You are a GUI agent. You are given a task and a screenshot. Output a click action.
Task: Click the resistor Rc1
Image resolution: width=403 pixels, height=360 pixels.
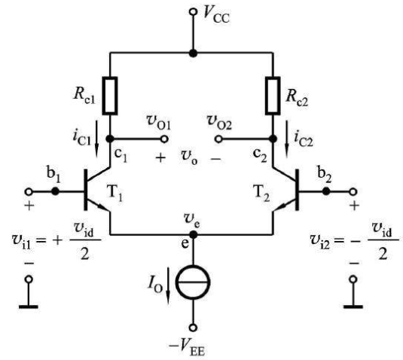pos(110,96)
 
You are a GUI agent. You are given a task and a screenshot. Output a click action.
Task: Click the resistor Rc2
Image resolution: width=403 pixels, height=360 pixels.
pos(273,96)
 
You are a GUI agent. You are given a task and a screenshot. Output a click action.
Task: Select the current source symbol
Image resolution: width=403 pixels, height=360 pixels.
pos(193,282)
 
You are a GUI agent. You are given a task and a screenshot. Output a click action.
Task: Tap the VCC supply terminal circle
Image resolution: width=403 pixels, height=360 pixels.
pos(193,12)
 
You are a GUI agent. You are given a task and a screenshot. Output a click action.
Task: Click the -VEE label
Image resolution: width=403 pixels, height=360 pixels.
pos(187,347)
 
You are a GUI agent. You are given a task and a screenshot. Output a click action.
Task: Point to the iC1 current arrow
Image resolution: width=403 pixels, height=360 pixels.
pos(96,139)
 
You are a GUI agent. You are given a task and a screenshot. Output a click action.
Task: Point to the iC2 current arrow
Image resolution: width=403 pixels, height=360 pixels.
pos(286,139)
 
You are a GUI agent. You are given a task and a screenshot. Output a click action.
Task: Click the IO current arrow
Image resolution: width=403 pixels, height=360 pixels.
pos(168,285)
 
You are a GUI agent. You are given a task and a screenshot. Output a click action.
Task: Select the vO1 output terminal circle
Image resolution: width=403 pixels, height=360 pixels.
pos(164,139)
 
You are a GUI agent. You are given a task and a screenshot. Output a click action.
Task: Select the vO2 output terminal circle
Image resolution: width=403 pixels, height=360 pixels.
pos(218,139)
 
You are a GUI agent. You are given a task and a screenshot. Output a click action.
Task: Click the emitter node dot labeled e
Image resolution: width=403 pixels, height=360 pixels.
pos(193,234)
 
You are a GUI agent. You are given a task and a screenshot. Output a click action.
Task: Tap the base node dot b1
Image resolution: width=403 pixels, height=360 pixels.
pos(55,191)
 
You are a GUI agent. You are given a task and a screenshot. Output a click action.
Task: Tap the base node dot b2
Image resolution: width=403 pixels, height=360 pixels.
pos(326,191)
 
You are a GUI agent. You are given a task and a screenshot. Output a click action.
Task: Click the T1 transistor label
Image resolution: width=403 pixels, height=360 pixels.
pos(114,194)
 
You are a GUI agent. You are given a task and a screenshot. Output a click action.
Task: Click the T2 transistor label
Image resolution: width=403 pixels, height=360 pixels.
pos(261,194)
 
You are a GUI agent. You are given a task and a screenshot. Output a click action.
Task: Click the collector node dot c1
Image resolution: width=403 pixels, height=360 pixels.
pos(110,139)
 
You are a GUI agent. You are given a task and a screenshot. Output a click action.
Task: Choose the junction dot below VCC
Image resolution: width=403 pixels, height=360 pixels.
pos(193,53)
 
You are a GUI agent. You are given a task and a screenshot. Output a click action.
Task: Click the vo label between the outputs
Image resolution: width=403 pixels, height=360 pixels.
pos(189,158)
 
